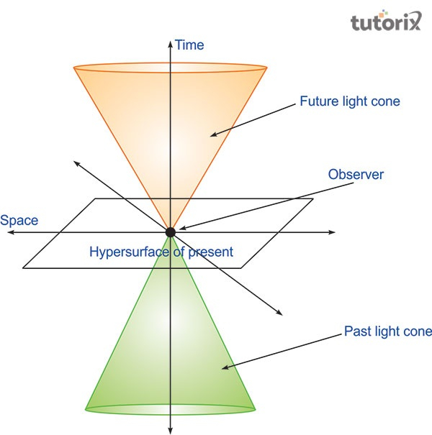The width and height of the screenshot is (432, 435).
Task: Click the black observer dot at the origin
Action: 171,232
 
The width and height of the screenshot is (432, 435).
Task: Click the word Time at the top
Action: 189,45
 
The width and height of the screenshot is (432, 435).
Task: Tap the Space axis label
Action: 19,220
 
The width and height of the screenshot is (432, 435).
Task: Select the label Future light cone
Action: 349,101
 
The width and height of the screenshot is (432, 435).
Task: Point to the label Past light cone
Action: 387,331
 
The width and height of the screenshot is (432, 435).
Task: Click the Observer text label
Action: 356,174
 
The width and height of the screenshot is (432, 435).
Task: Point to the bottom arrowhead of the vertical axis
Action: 171,429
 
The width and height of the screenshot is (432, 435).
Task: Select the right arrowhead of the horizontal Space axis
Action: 332,232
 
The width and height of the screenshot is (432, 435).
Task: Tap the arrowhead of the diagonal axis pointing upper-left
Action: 76,163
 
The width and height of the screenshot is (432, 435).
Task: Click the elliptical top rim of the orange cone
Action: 171,69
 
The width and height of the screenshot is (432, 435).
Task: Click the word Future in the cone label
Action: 318,101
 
